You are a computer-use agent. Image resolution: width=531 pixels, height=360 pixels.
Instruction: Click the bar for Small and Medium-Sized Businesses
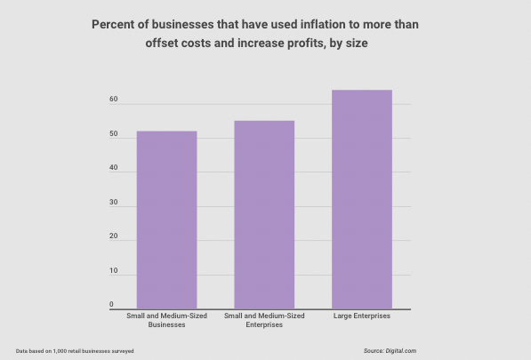(166, 220)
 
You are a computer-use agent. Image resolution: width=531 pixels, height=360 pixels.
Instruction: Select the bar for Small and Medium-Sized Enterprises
(264, 214)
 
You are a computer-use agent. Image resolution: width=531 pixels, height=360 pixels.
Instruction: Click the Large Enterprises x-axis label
(362, 316)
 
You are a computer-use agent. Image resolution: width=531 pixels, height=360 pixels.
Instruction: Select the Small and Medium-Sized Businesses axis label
(166, 321)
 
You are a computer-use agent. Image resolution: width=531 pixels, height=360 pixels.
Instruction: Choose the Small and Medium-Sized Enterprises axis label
(264, 321)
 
